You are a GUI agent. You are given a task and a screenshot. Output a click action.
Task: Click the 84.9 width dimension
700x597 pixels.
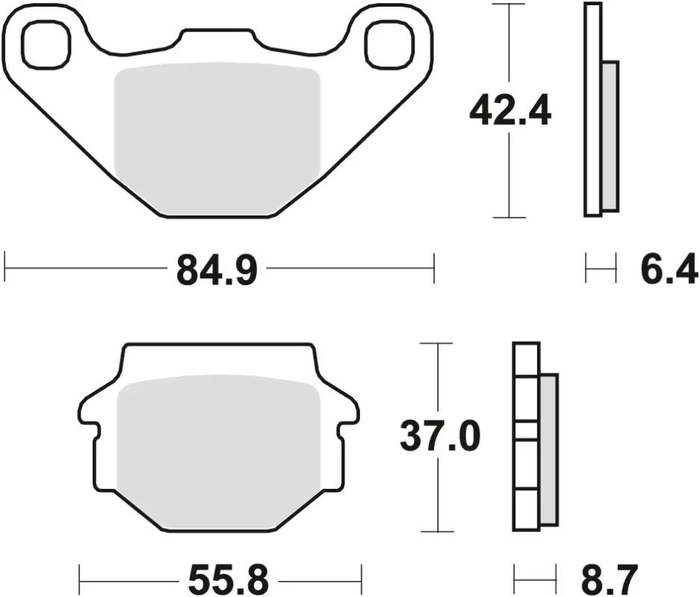(x=217, y=269)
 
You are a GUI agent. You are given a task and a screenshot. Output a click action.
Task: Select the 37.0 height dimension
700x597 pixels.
(x=440, y=436)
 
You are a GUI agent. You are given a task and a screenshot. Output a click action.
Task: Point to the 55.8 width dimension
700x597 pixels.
(x=228, y=580)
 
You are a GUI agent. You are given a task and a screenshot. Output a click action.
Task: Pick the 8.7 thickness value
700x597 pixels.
(x=610, y=580)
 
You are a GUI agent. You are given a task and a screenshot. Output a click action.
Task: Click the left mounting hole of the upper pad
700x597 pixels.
(x=46, y=45)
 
